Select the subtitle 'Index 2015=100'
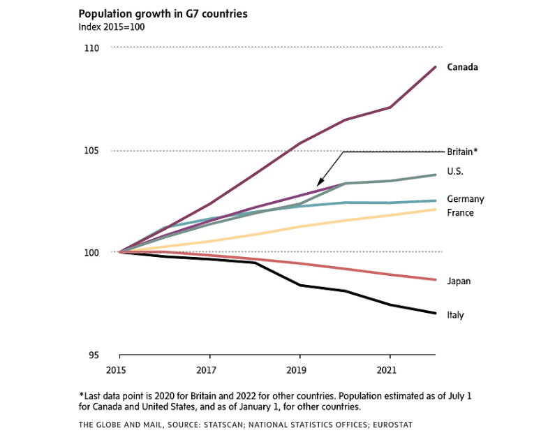[111, 27]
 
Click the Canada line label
[462, 67]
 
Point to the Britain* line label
[462, 152]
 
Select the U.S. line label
[455, 171]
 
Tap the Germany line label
[465, 199]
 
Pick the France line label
[460, 212]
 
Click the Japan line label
[459, 281]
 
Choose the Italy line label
[455, 315]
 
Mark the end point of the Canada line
[436, 67]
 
